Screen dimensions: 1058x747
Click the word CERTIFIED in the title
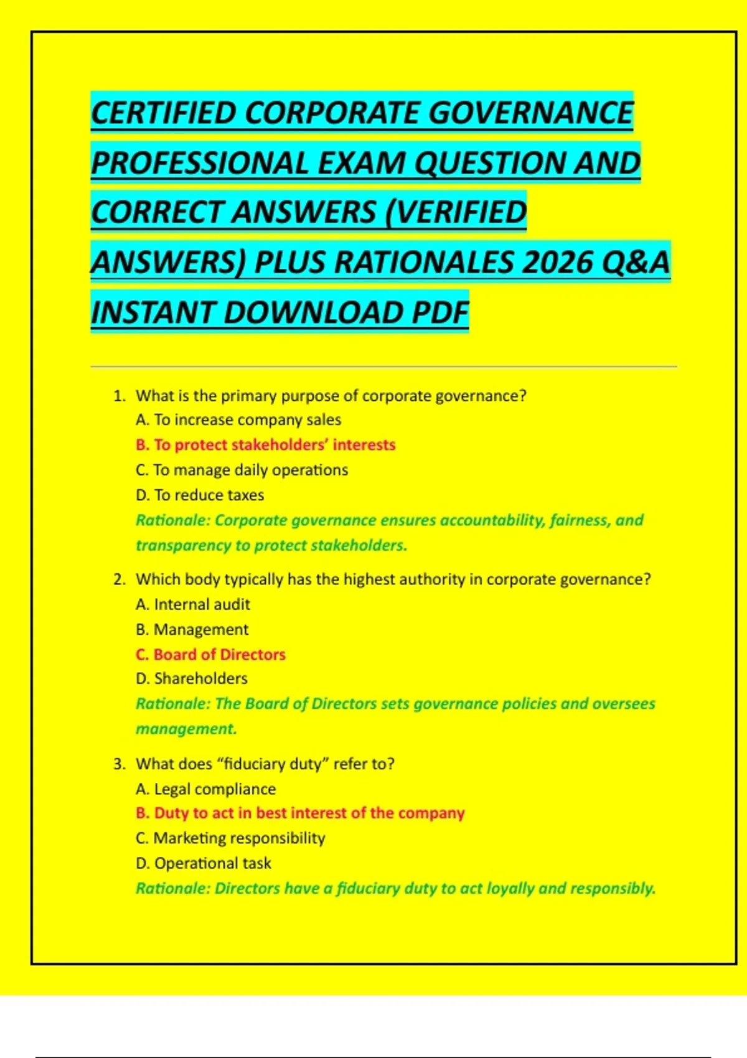point(163,113)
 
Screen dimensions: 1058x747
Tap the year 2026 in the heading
point(556,262)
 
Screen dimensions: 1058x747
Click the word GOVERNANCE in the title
point(530,113)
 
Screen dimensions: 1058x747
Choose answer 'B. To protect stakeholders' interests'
point(265,445)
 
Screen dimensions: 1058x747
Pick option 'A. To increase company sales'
point(238,420)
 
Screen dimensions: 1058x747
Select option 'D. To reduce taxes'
point(200,495)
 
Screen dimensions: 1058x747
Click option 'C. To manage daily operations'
point(242,470)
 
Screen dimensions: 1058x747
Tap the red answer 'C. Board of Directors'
point(210,655)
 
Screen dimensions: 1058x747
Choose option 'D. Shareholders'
point(192,678)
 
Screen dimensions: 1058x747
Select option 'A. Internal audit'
point(193,604)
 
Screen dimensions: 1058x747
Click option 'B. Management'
point(192,630)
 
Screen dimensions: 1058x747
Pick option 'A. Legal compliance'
point(205,789)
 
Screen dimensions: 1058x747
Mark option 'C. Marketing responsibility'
point(230,838)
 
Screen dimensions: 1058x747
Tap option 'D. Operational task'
point(204,864)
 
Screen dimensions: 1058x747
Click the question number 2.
point(119,579)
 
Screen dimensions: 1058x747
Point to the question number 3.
point(119,764)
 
